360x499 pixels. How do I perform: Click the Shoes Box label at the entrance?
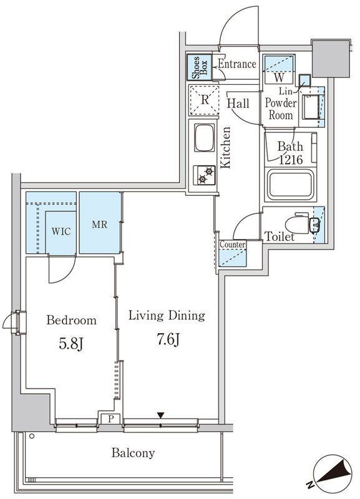click(x=200, y=67)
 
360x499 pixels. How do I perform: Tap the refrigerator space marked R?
click(x=205, y=100)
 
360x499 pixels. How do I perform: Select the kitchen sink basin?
click(x=205, y=138)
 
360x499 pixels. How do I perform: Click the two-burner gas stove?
click(x=205, y=175)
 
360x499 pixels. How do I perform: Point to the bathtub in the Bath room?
click(x=291, y=185)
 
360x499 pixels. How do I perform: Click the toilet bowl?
click(x=297, y=225)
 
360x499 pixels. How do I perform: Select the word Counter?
click(x=233, y=245)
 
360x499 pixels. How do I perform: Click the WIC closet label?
click(x=61, y=231)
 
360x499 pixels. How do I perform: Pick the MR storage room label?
click(x=100, y=225)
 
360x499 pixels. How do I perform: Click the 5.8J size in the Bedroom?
click(x=71, y=344)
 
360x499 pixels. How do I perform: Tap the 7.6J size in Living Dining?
click(x=168, y=339)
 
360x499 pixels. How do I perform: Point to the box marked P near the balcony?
click(x=110, y=419)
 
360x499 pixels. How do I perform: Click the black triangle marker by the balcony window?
click(x=161, y=415)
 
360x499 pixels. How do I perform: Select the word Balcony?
click(x=133, y=453)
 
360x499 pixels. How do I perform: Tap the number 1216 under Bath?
click(x=291, y=160)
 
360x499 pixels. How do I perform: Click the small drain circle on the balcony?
click(x=32, y=436)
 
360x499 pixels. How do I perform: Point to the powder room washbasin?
click(x=310, y=107)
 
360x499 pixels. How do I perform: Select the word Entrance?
click(x=237, y=64)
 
